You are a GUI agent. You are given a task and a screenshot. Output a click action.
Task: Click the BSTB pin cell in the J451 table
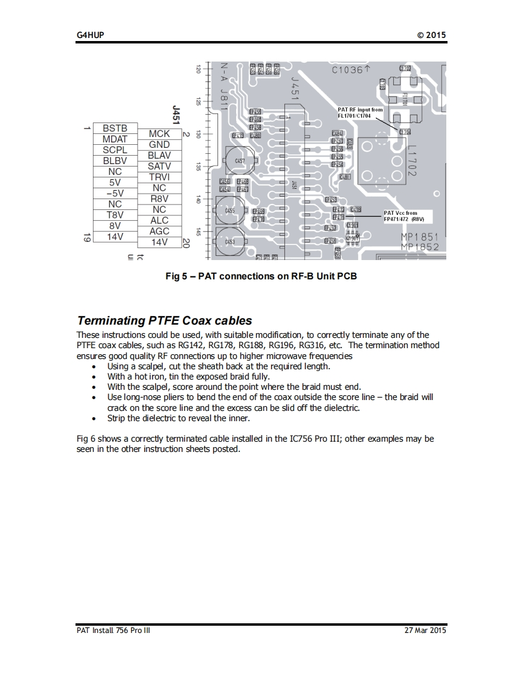click(x=115, y=129)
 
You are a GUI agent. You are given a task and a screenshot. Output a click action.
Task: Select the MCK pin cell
click(x=159, y=134)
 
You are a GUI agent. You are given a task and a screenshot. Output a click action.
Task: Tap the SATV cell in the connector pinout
click(x=159, y=166)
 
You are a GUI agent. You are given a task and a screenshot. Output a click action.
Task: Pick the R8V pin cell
click(x=159, y=199)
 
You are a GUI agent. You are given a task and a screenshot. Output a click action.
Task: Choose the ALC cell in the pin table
click(x=159, y=220)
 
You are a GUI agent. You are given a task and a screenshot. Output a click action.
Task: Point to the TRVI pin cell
click(x=159, y=177)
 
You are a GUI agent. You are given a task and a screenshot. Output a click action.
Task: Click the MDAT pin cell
click(x=115, y=139)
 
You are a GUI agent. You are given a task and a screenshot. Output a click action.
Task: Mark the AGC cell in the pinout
click(x=159, y=231)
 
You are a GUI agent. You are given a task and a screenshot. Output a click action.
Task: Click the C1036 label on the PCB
click(x=347, y=70)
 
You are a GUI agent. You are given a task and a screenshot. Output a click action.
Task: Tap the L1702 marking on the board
click(x=412, y=161)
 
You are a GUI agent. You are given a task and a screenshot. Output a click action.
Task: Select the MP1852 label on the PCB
click(x=420, y=247)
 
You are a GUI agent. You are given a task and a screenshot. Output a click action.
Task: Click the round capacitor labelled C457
click(x=240, y=161)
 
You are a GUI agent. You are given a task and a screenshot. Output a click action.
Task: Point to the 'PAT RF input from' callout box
click(x=360, y=112)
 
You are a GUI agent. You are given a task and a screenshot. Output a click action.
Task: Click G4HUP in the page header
click(x=90, y=35)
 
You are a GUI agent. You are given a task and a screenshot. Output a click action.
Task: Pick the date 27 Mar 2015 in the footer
click(x=425, y=631)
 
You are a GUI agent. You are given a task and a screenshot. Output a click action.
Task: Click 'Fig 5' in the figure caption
click(x=177, y=276)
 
